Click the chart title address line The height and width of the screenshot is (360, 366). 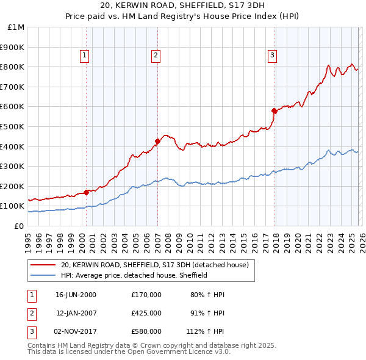point(183,7)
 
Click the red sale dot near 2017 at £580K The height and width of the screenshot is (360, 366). point(274,111)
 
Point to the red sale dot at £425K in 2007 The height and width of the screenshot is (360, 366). point(157,142)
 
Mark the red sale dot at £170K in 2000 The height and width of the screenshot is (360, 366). point(86,192)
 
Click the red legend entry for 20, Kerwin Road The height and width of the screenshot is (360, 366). point(154,265)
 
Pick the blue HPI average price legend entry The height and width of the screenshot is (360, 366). point(134,275)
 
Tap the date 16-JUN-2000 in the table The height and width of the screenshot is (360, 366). point(76,295)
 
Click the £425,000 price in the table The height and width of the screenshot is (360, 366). point(146,313)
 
